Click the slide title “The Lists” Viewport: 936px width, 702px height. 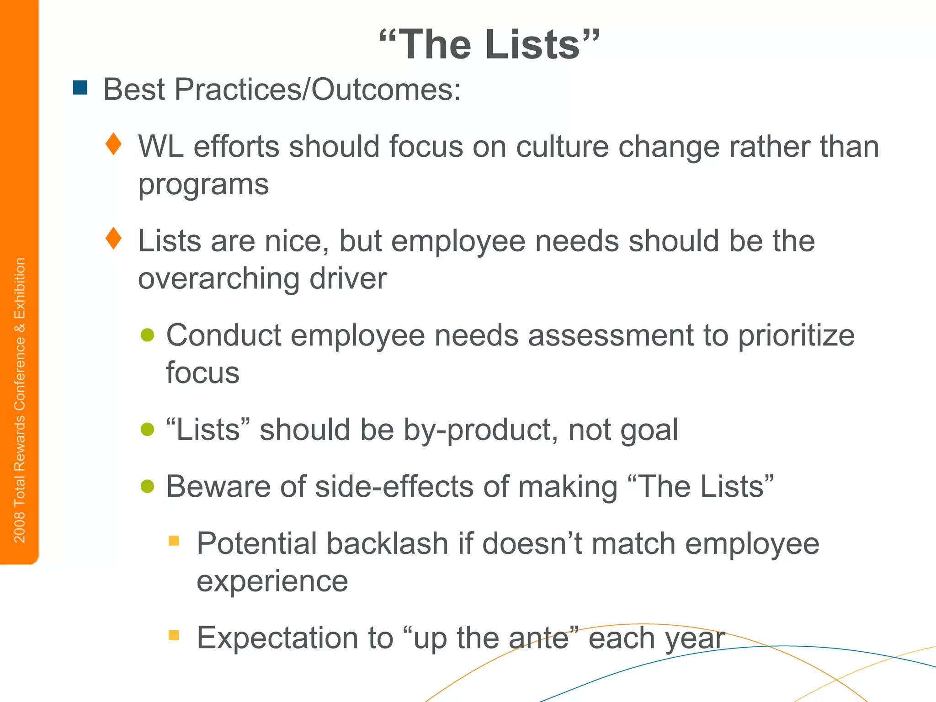tap(489, 44)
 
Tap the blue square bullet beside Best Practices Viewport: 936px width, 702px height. tap(80, 88)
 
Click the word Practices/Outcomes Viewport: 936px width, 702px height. tap(318, 89)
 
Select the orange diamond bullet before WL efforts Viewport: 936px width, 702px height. tap(113, 144)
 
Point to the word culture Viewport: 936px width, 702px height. tap(562, 147)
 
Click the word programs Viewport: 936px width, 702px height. tap(203, 185)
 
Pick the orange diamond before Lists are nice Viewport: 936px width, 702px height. tap(113, 239)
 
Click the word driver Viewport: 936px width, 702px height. tap(348, 279)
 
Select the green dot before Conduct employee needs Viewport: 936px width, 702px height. tap(147, 335)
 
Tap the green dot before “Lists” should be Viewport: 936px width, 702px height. tap(147, 430)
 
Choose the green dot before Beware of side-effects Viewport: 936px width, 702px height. tap(147, 486)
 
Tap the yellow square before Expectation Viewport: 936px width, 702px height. tap(174, 635)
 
